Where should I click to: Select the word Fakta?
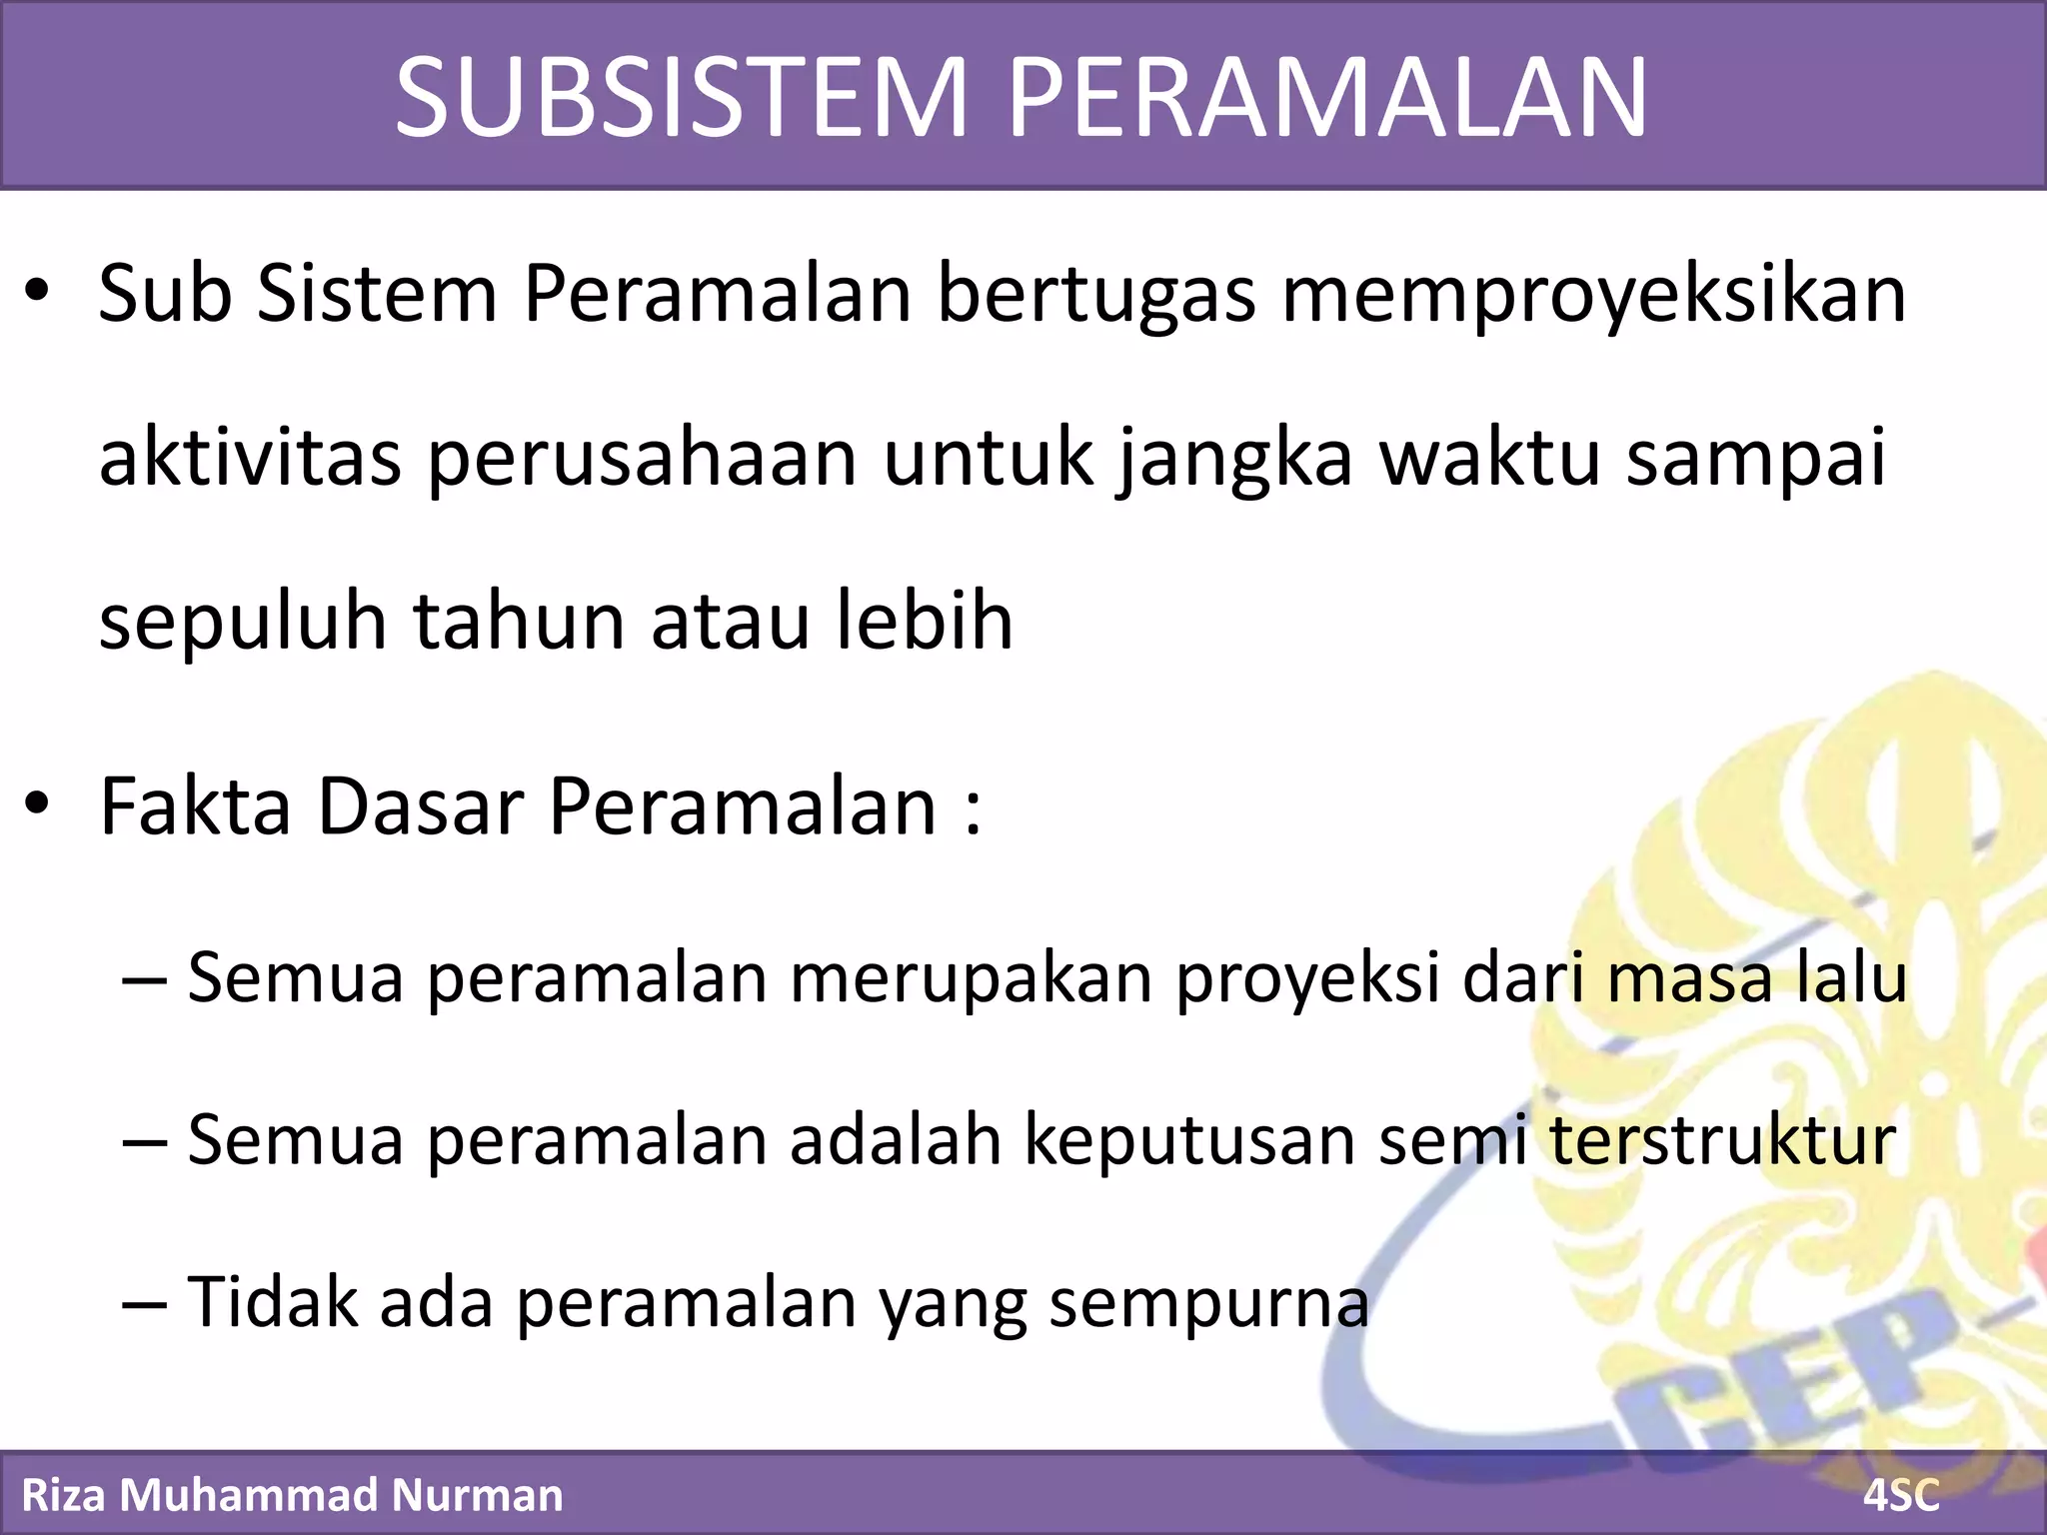click(196, 806)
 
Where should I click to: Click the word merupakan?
click(971, 978)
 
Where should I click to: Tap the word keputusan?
click(1189, 1140)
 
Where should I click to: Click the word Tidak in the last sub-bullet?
click(272, 1302)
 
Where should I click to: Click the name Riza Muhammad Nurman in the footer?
click(292, 1495)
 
